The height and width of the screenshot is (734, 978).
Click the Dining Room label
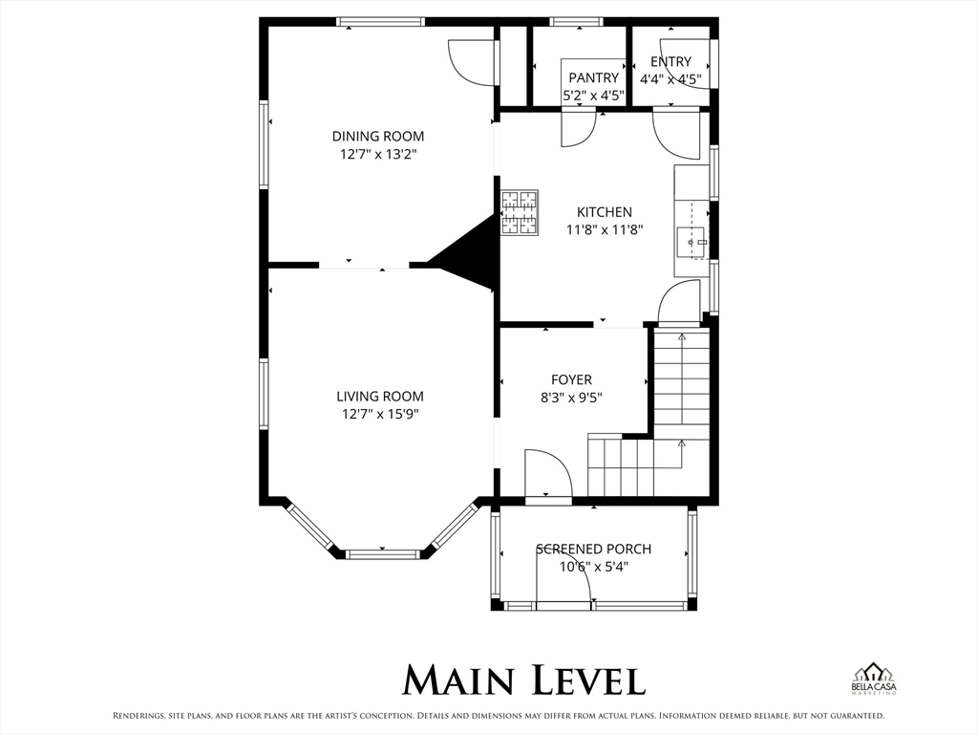(378, 136)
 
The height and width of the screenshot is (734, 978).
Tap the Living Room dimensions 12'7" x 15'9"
(380, 414)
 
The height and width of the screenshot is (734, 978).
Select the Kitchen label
(604, 212)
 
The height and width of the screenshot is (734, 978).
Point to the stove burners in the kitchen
(520, 213)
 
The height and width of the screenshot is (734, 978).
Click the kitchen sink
(692, 241)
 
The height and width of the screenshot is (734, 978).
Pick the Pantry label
(593, 78)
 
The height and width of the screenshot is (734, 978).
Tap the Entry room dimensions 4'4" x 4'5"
(671, 79)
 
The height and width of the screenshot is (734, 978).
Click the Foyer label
(571, 379)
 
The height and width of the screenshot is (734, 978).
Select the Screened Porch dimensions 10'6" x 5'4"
(593, 567)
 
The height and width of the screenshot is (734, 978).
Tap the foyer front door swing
(548, 473)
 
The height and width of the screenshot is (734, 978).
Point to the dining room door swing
(472, 62)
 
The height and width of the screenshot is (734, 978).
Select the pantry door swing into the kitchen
(579, 129)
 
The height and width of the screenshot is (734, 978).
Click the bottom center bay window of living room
(383, 553)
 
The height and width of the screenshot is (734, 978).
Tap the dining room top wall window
(380, 22)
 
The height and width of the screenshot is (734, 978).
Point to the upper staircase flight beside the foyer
(682, 382)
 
